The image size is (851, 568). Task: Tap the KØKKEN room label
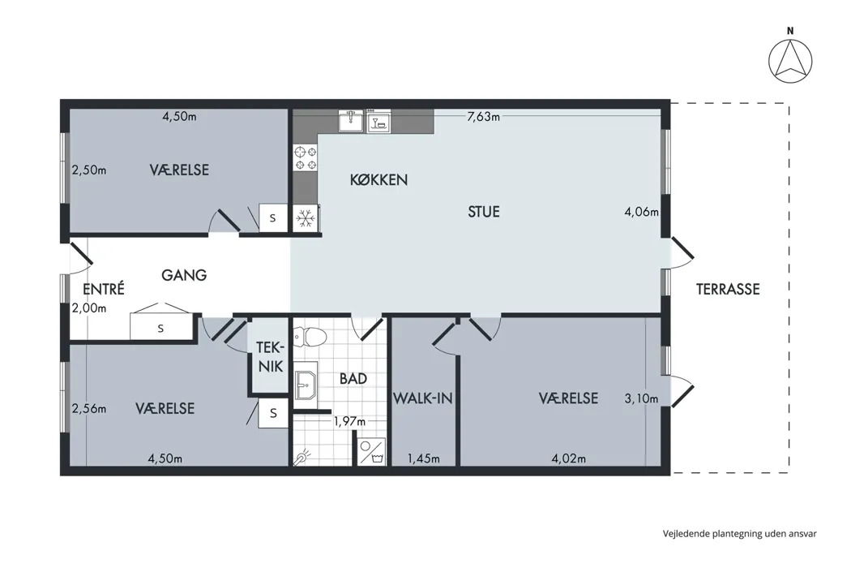(378, 180)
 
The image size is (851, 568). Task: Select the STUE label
(484, 212)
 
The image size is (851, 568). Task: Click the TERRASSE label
(728, 289)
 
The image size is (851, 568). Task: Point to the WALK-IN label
(423, 398)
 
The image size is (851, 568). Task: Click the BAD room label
(353, 378)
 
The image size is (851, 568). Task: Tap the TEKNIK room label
(270, 356)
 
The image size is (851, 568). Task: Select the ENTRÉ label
(104, 289)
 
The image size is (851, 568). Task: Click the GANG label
(184, 275)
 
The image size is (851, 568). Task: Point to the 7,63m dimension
(483, 116)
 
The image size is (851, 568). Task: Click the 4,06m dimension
(642, 212)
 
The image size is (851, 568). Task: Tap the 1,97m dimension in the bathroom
(349, 420)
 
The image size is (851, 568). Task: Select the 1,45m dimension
(423, 458)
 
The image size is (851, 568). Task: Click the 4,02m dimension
(569, 458)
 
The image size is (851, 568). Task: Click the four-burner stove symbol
(305, 158)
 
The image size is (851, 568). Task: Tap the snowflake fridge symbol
(306, 218)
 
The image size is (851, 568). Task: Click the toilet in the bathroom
(309, 338)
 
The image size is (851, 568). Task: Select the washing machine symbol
(372, 452)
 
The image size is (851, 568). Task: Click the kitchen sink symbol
(351, 121)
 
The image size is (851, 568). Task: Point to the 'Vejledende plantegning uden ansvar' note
(739, 534)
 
